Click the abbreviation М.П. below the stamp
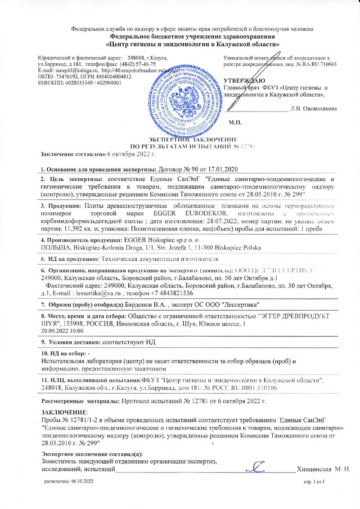235,122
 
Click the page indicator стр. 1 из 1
315,482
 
